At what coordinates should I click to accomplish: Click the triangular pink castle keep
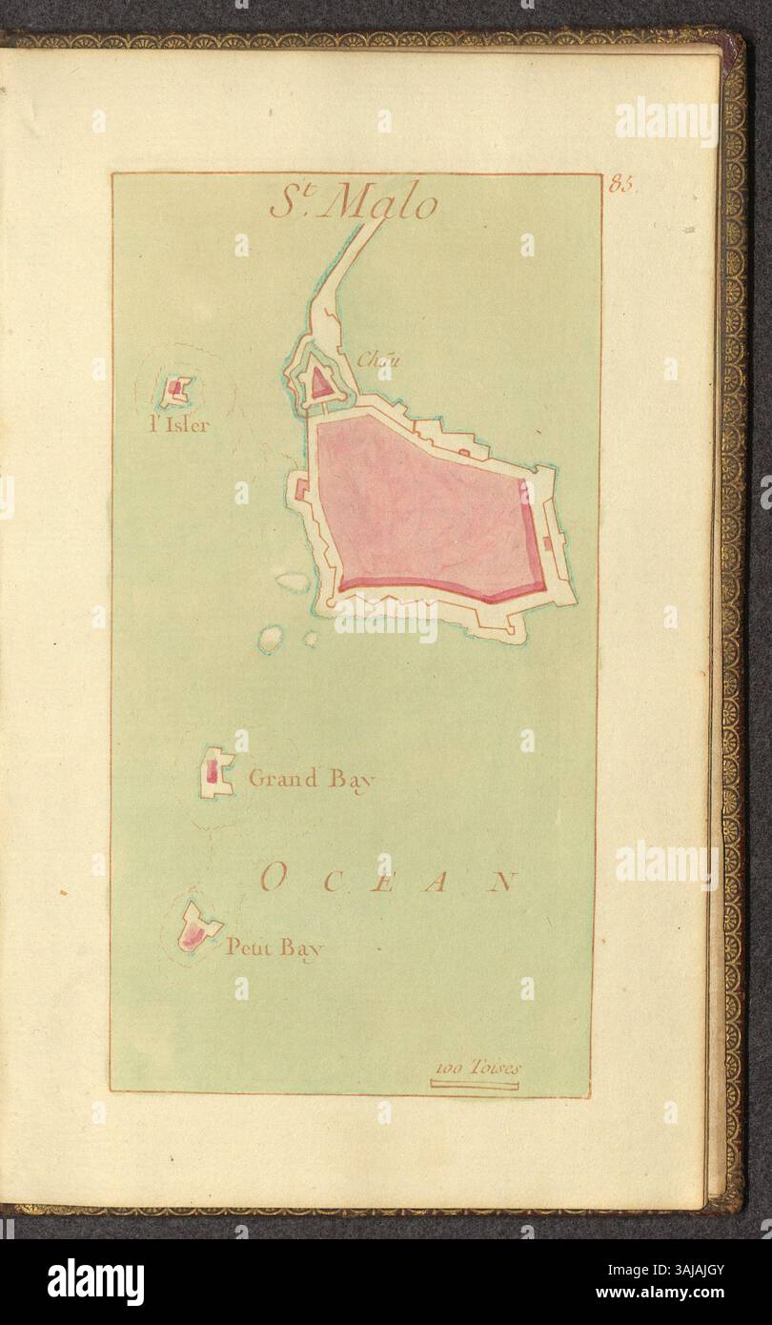(x=320, y=385)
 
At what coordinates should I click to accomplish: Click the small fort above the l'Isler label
(x=176, y=390)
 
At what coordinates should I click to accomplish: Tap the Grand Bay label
(x=311, y=779)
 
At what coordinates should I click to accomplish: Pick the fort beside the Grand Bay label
(x=216, y=773)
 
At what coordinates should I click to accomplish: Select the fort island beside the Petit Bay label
(x=196, y=927)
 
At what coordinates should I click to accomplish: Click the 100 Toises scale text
(x=476, y=1068)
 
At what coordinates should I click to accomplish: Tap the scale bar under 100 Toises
(x=475, y=1084)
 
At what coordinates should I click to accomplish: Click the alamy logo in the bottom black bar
(x=96, y=1281)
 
